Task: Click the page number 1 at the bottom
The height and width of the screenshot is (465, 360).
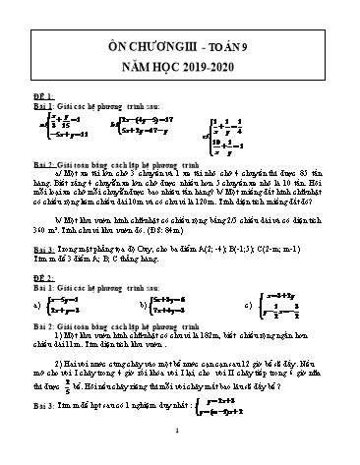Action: point(181,455)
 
